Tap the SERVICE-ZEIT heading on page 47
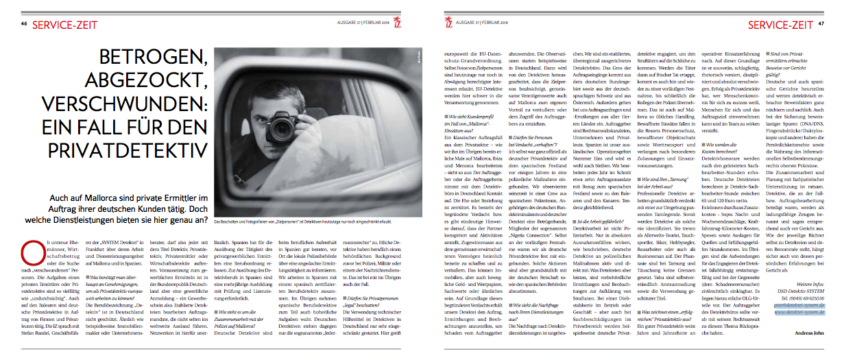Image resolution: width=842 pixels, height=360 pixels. click(780, 25)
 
